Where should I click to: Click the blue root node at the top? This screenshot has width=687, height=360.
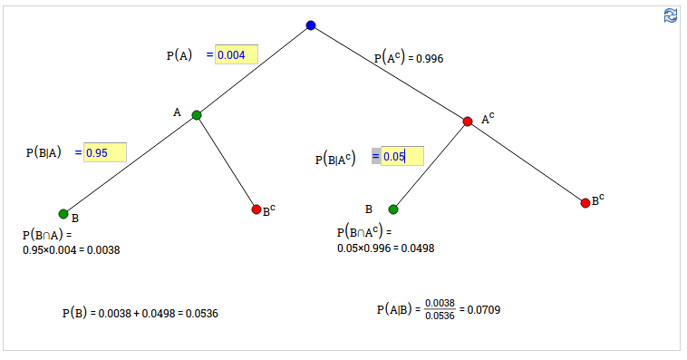click(x=311, y=25)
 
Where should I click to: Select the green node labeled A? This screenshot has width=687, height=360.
click(x=197, y=115)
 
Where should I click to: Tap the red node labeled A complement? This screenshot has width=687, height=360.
click(x=468, y=122)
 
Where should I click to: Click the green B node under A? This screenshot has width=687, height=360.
click(x=63, y=214)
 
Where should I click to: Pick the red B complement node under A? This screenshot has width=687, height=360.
click(x=256, y=209)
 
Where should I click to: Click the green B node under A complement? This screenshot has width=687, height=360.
click(x=393, y=209)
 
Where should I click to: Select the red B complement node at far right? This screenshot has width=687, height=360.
click(x=585, y=202)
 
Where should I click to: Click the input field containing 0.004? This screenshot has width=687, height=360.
click(x=237, y=54)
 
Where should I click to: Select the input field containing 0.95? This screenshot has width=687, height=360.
click(x=104, y=152)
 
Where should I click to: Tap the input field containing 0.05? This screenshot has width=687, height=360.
click(x=402, y=156)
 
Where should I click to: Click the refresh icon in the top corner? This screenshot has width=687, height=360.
click(x=671, y=15)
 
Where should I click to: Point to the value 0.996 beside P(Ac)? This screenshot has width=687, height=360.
click(x=429, y=59)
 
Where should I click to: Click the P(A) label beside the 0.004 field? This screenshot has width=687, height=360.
click(x=179, y=55)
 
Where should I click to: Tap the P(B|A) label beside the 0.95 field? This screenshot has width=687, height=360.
click(x=44, y=152)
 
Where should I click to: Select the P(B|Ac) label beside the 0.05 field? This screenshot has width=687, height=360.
click(x=334, y=159)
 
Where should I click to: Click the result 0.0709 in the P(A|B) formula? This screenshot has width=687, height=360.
click(x=483, y=310)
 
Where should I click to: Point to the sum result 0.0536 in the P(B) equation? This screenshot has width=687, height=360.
click(x=201, y=313)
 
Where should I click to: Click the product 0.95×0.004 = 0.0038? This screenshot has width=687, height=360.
click(x=71, y=249)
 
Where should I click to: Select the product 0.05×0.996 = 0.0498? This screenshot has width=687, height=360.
click(x=385, y=248)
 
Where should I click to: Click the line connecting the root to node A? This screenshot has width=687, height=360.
click(x=254, y=70)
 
